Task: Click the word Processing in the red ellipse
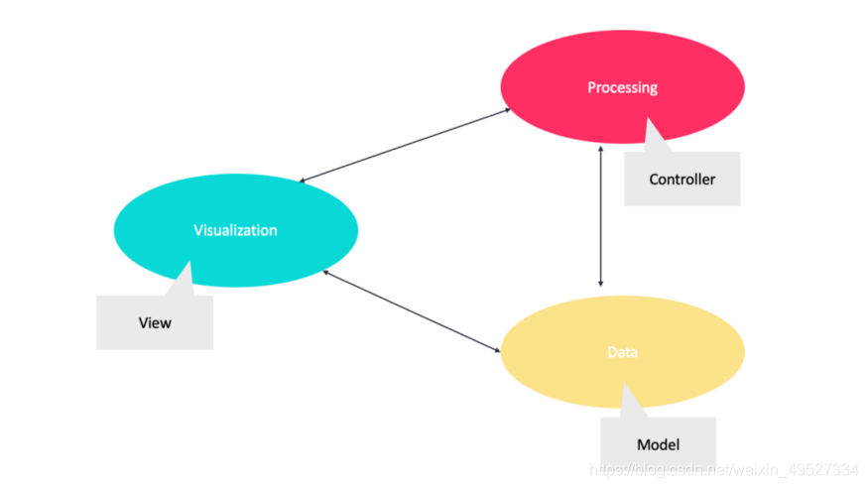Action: (622, 87)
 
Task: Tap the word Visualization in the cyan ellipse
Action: (235, 230)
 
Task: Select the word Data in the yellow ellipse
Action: (622, 352)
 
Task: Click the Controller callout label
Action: (682, 180)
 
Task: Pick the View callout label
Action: (155, 322)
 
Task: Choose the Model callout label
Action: (659, 446)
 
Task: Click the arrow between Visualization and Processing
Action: (405, 145)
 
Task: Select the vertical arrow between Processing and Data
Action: (600, 215)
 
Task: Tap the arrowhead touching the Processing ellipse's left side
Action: (506, 110)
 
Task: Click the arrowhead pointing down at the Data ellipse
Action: (600, 282)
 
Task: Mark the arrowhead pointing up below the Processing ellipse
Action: (600, 148)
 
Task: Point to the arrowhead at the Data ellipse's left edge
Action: (496, 349)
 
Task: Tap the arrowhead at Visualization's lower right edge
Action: (327, 272)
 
